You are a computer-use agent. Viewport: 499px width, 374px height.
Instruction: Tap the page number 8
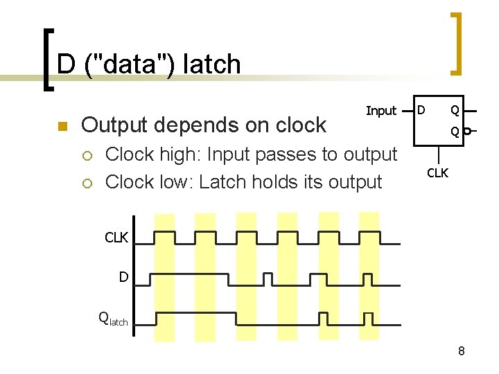point(461,352)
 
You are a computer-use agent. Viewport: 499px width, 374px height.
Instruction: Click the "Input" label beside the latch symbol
point(380,111)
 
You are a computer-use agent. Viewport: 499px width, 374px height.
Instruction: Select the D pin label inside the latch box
point(421,109)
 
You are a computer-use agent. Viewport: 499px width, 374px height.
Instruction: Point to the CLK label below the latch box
point(437,172)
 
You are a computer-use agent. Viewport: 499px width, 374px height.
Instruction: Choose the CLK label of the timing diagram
point(116,238)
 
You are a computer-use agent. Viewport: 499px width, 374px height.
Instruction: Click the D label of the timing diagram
point(123,277)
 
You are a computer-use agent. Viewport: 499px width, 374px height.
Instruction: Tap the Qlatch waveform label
point(114,319)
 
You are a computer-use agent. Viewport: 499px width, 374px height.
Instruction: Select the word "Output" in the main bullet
point(116,125)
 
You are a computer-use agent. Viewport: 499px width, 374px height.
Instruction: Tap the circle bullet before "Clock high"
point(87,155)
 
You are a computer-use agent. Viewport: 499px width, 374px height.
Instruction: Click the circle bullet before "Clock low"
point(87,183)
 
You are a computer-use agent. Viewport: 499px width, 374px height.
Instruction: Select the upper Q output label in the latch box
point(454,109)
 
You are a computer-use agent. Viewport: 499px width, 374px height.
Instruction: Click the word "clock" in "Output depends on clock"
point(296,125)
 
